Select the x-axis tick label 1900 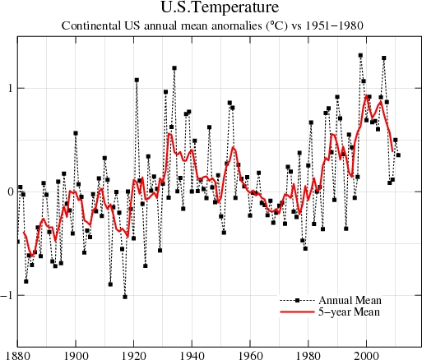coord(76,355)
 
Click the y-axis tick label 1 coord(8,89)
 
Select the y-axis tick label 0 coord(8,192)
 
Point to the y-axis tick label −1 coord(7,295)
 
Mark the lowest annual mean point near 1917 coord(125,297)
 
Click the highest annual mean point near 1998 coord(360,55)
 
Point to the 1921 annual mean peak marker coord(137,80)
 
